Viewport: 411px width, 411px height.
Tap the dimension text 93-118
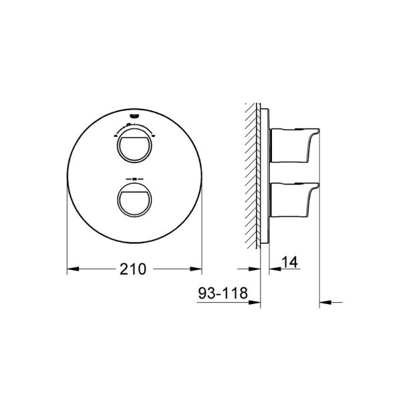click(x=223, y=293)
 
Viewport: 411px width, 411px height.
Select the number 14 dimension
click(x=289, y=263)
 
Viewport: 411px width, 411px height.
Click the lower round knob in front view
click(x=135, y=198)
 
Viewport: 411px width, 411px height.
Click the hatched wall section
click(x=253, y=174)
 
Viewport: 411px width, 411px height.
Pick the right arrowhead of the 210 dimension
click(x=198, y=269)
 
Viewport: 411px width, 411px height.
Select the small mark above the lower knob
click(x=135, y=178)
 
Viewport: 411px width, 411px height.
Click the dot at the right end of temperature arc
click(x=154, y=134)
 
